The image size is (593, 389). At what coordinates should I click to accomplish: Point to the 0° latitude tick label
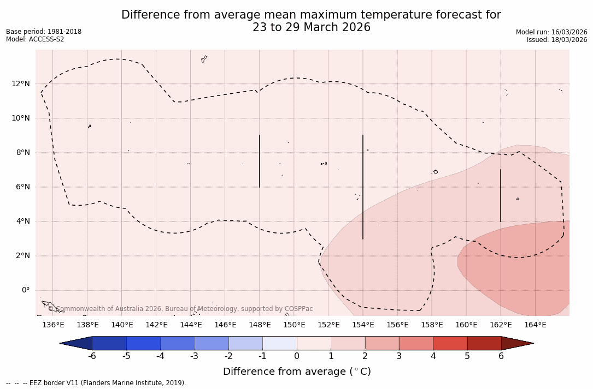pyautogui.click(x=25, y=290)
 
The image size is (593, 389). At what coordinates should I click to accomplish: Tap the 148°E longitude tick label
pyautogui.click(x=260, y=325)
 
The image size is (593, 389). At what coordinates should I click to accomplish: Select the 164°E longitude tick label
pyautogui.click(x=535, y=325)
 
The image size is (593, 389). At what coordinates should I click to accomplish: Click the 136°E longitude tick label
pyautogui.click(x=53, y=325)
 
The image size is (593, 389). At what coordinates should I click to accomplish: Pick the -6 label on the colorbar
pyautogui.click(x=92, y=356)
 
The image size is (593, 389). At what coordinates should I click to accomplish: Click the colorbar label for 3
pyautogui.click(x=399, y=356)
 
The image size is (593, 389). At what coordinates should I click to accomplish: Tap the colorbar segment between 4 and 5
pyautogui.click(x=450, y=343)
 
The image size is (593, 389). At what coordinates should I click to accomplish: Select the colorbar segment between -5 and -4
pyautogui.click(x=144, y=343)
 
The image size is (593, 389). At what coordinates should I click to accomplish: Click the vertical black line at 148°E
pyautogui.click(x=260, y=161)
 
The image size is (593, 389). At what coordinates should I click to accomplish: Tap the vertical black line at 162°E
pyautogui.click(x=500, y=195)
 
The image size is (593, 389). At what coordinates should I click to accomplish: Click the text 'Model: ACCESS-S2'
pyautogui.click(x=35, y=39)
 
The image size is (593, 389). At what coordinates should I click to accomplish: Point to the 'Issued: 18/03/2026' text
pyautogui.click(x=557, y=40)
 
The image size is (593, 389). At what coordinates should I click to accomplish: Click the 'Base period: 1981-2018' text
pyautogui.click(x=44, y=32)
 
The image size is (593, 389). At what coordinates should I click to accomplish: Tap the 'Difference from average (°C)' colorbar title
pyautogui.click(x=297, y=372)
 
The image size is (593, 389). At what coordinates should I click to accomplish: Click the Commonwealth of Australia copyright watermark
pyautogui.click(x=180, y=309)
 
